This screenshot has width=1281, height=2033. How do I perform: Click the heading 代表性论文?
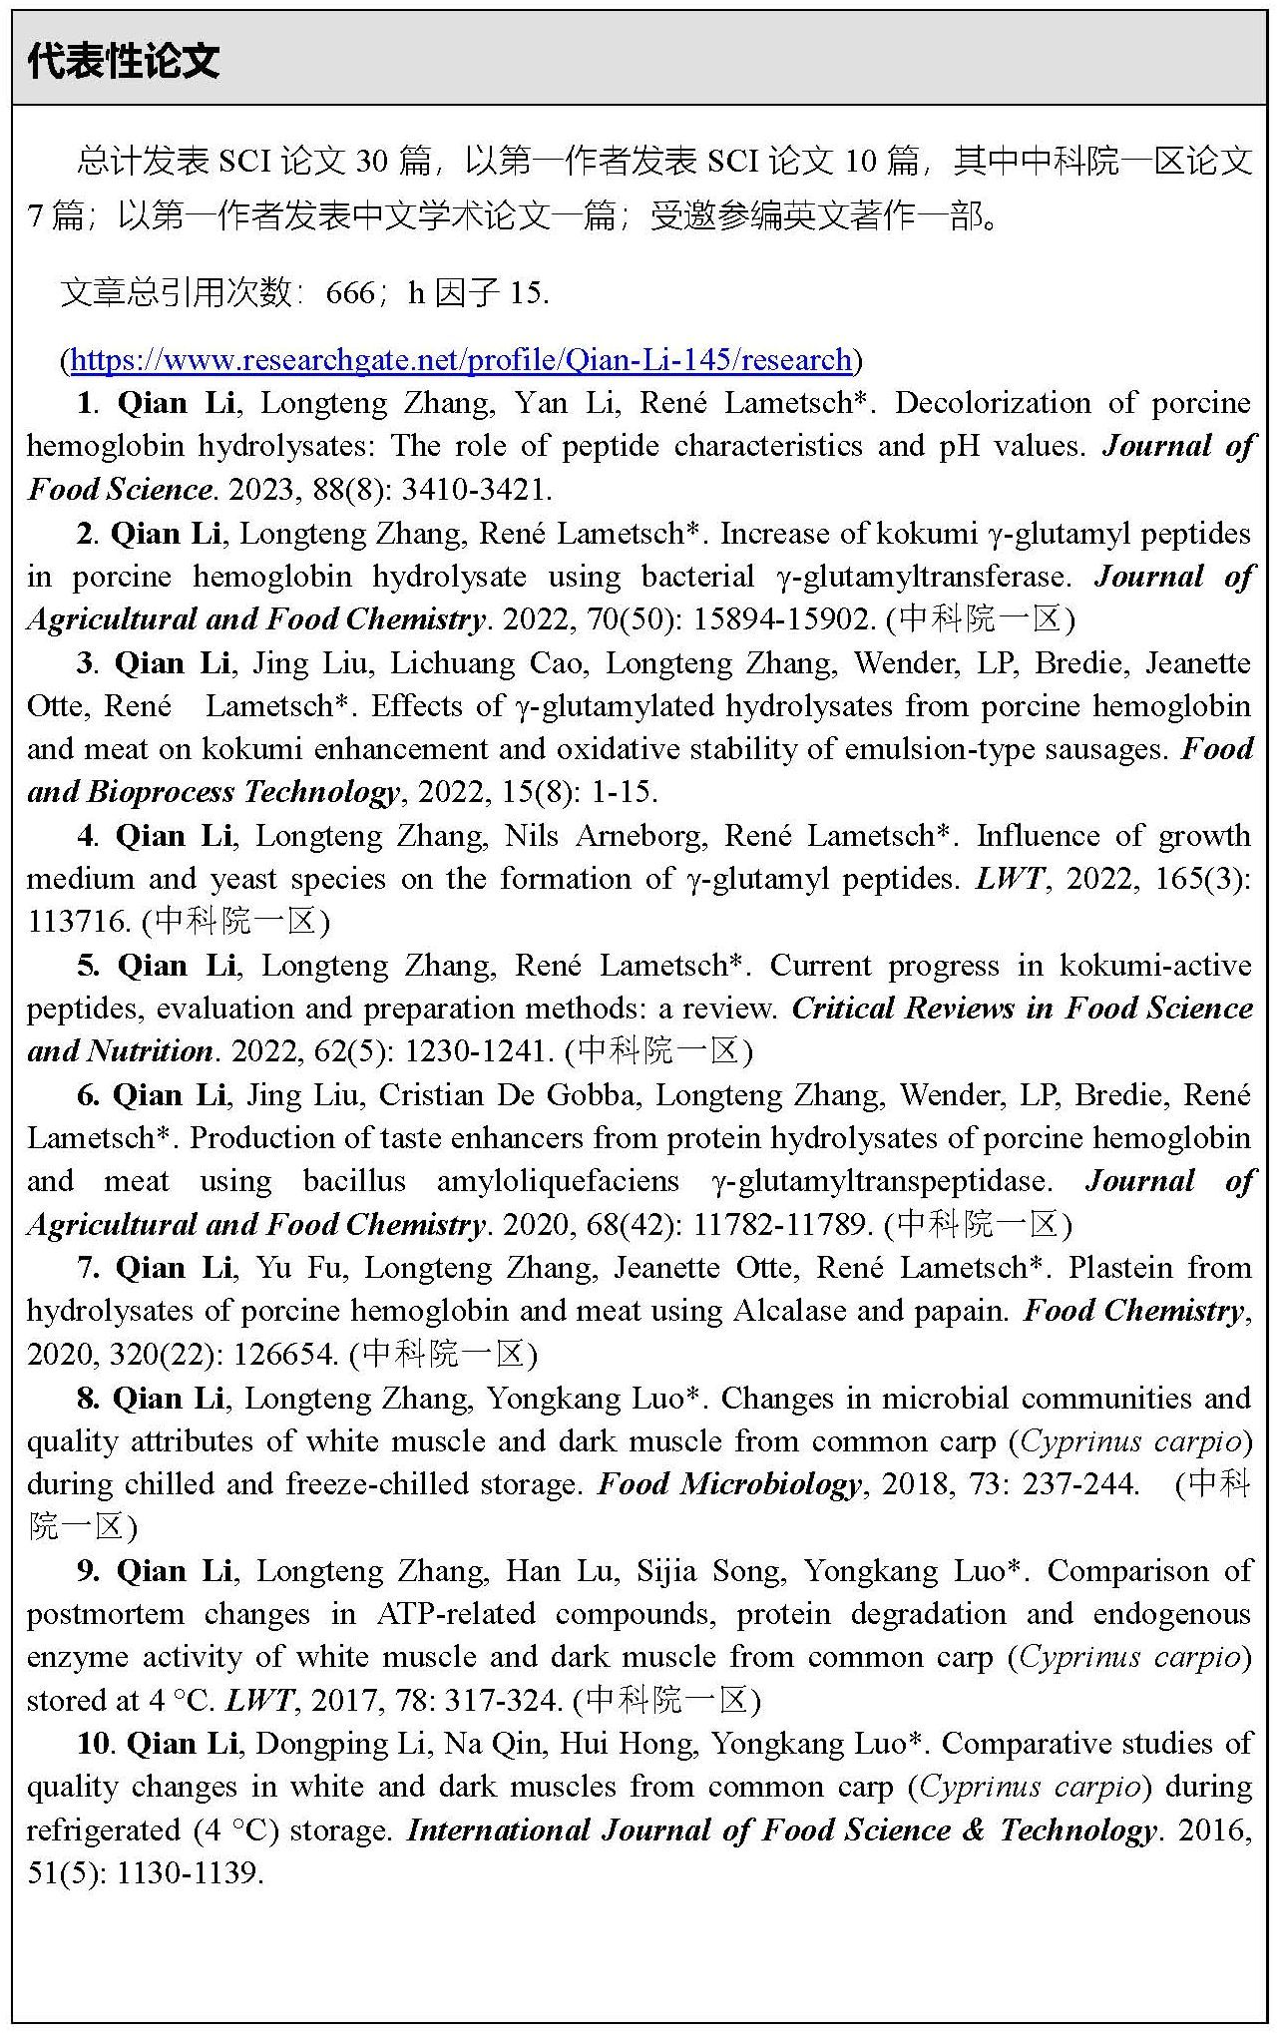[123, 62]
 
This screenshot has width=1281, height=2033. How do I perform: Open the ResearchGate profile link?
[462, 359]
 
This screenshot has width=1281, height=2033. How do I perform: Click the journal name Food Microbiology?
[728, 1484]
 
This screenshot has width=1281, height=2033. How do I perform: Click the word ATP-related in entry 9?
[456, 1614]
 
